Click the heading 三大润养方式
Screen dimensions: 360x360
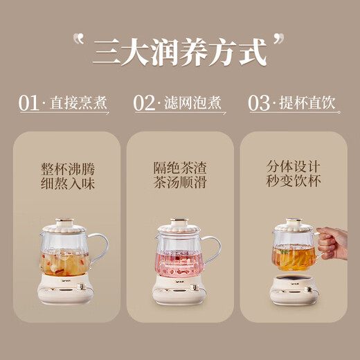pyautogui.click(x=179, y=50)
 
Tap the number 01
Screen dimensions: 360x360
pyautogui.click(x=28, y=104)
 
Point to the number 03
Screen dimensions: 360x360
pyautogui.click(x=259, y=104)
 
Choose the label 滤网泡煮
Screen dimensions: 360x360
pyautogui.click(x=195, y=104)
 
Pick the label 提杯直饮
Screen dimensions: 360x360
pyautogui.click(x=309, y=104)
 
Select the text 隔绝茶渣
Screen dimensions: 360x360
pyautogui.click(x=179, y=168)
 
